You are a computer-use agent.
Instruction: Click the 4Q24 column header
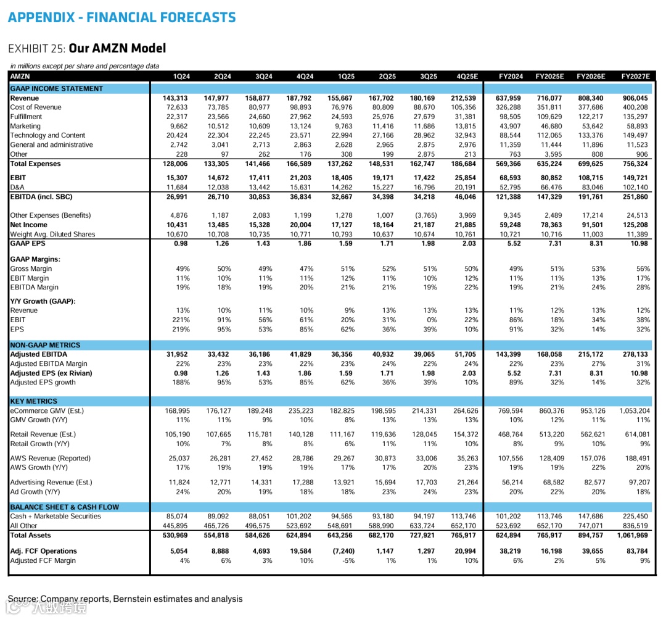[x=305, y=77]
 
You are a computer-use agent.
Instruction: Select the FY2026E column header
[x=591, y=77]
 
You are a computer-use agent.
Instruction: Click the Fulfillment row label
[x=26, y=117]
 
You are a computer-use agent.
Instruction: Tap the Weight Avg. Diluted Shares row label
[x=52, y=235]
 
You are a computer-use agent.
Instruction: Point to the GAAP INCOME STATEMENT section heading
[x=56, y=89]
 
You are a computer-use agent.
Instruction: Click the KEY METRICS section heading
[x=33, y=401]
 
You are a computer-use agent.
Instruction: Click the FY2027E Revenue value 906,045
[x=635, y=98]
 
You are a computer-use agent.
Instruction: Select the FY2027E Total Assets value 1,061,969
[x=632, y=536]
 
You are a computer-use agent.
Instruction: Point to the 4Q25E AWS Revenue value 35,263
[x=466, y=459]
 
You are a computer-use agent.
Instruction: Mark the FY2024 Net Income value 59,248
[x=510, y=225]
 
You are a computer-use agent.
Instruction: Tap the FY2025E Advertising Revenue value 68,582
[x=551, y=483]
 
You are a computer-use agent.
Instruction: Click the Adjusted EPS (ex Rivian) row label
[x=51, y=373]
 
